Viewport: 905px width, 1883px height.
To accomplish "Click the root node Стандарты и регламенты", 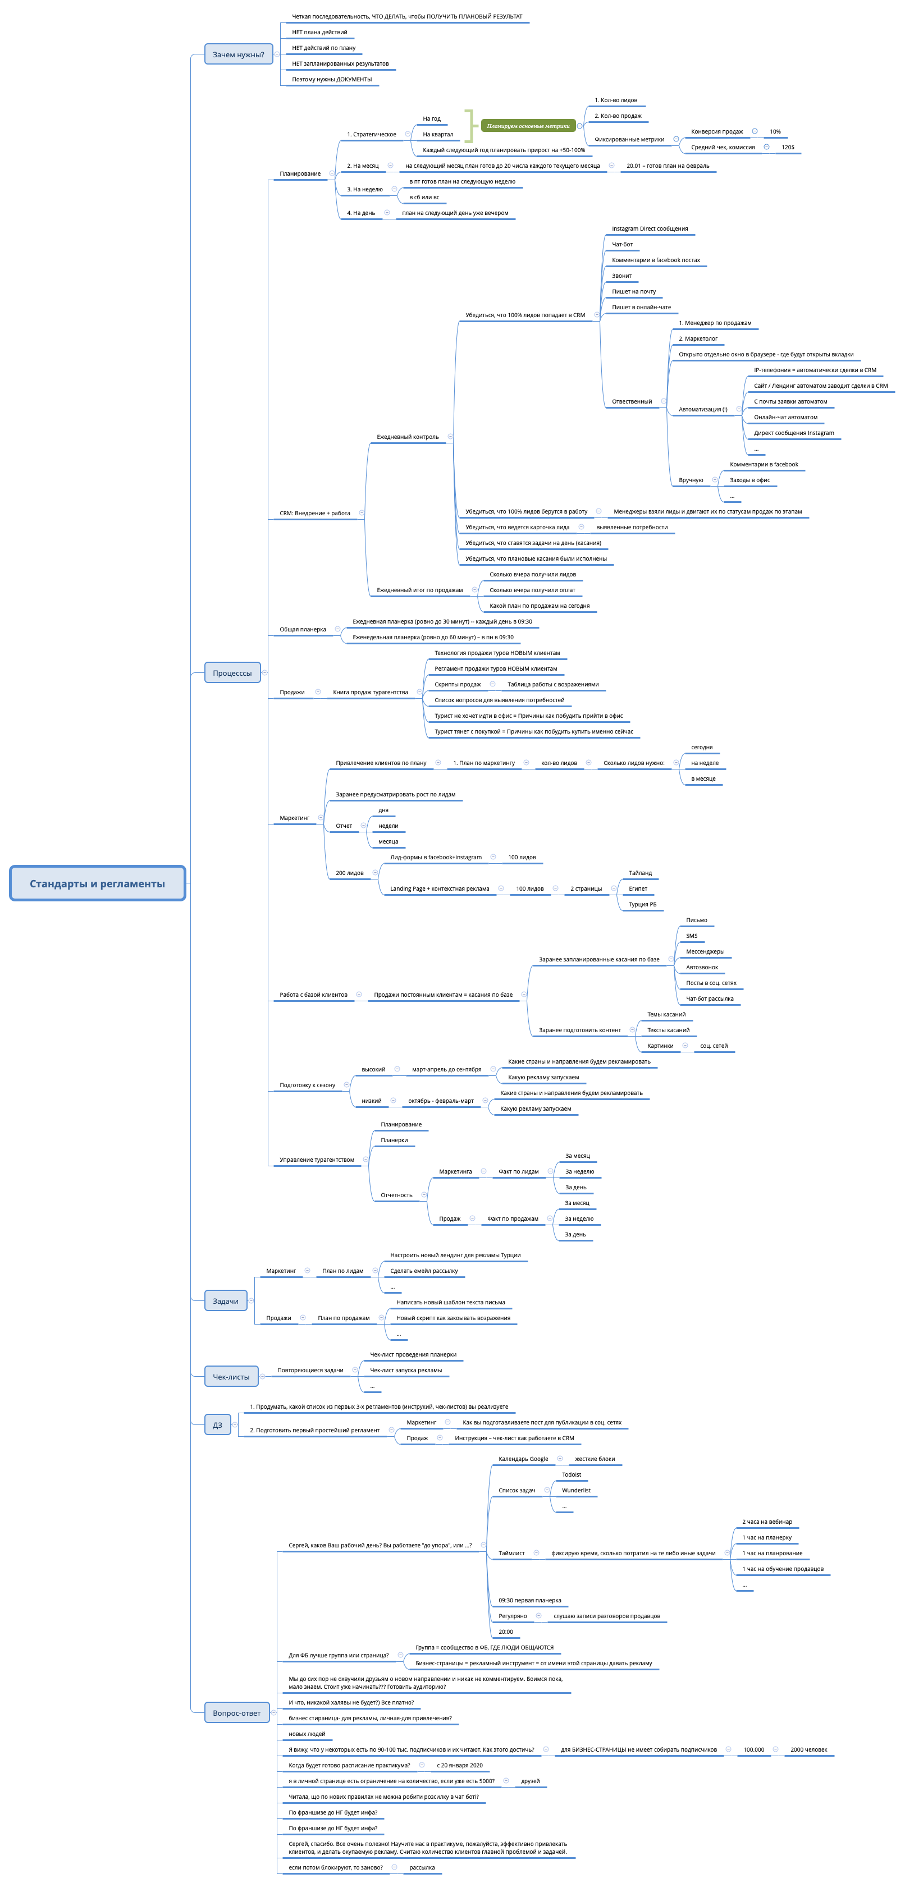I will pos(97,883).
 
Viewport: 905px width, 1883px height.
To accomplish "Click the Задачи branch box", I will pos(225,1301).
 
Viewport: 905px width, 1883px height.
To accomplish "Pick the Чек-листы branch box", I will pos(231,1376).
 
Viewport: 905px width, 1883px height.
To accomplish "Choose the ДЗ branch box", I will pos(217,1424).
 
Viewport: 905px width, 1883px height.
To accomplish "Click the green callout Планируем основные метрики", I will pos(528,126).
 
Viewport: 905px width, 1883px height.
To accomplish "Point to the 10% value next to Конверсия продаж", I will pos(775,131).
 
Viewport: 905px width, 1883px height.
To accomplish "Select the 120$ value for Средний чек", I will pos(787,148).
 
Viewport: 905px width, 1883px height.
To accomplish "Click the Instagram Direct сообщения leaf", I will pos(649,229).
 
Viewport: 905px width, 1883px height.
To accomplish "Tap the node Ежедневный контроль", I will pos(407,437).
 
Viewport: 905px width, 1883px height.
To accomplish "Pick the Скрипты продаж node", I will pos(458,684).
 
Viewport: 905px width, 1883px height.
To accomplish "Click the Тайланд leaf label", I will pos(639,873).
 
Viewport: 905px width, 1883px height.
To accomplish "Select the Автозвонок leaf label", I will pos(702,967).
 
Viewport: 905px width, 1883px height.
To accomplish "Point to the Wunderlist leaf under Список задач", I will pos(576,1490).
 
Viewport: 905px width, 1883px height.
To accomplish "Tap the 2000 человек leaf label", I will pos(808,1749).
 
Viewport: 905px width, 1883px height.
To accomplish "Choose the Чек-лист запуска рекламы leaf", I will pos(406,1370).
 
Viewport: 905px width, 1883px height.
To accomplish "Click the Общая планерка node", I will pos(303,629).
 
